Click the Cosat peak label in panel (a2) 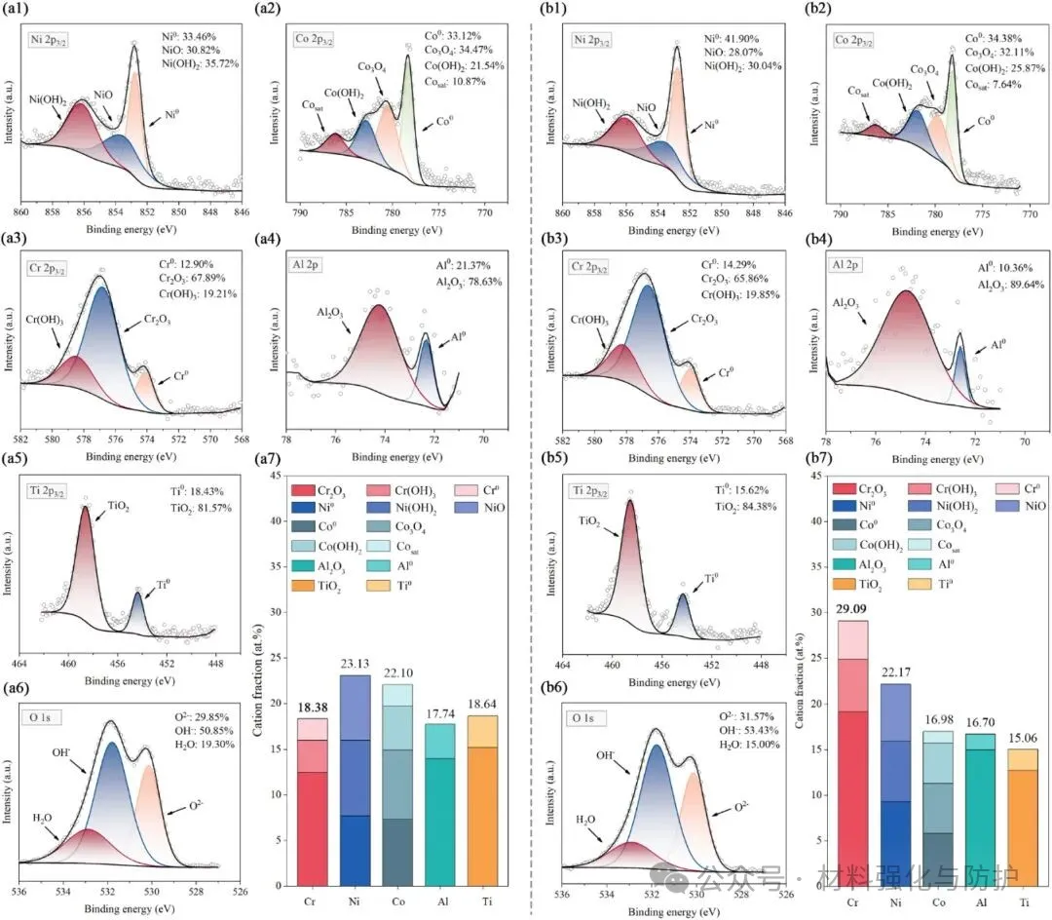tap(313, 105)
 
